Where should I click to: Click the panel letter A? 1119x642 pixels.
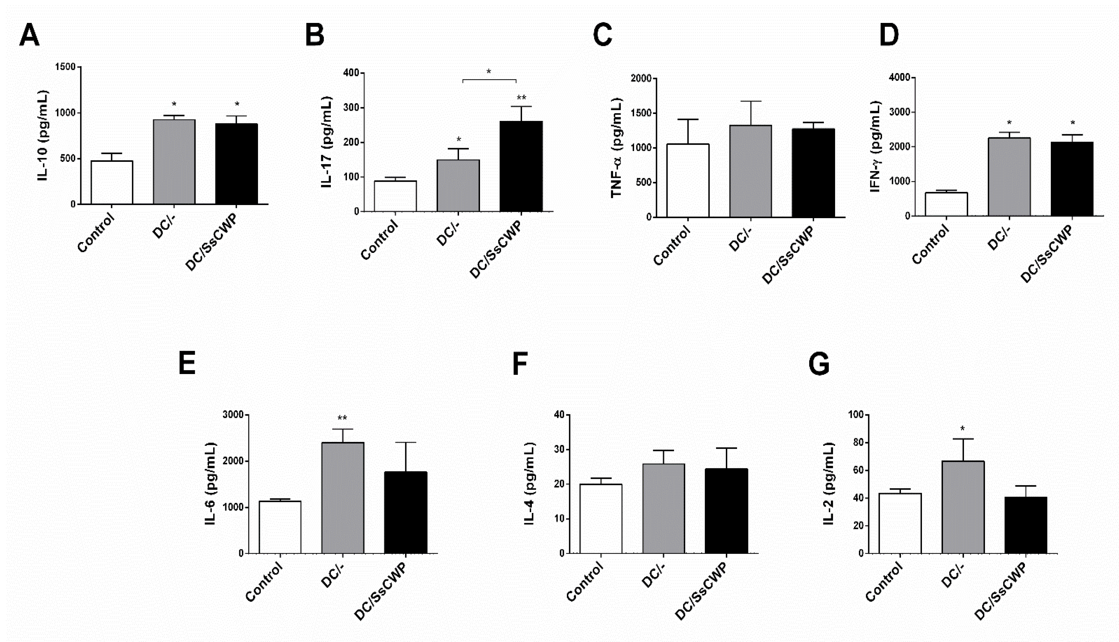(x=30, y=35)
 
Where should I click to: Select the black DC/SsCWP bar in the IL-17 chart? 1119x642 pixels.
(x=521, y=166)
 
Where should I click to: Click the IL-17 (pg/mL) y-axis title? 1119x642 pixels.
(x=326, y=142)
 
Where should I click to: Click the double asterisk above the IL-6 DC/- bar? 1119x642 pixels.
(x=342, y=418)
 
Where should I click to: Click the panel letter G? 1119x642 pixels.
(x=819, y=364)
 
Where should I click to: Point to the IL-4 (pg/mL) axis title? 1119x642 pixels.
(x=530, y=484)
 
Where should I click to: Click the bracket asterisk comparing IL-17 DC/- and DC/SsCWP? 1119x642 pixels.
(x=489, y=71)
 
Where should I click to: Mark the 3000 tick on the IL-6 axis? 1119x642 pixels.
(x=233, y=415)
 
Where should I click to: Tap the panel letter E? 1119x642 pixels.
(x=187, y=363)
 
